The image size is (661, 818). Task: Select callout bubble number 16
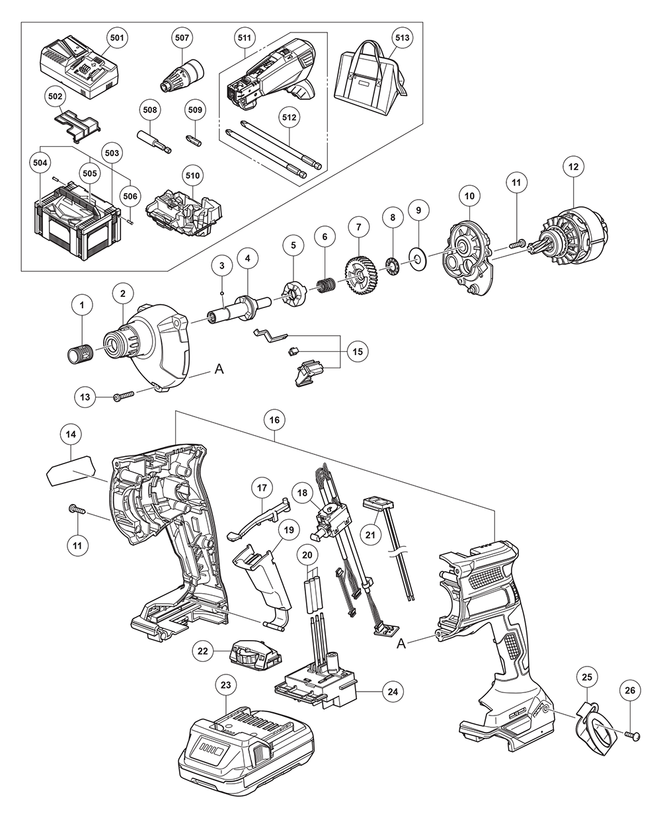coord(274,419)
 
